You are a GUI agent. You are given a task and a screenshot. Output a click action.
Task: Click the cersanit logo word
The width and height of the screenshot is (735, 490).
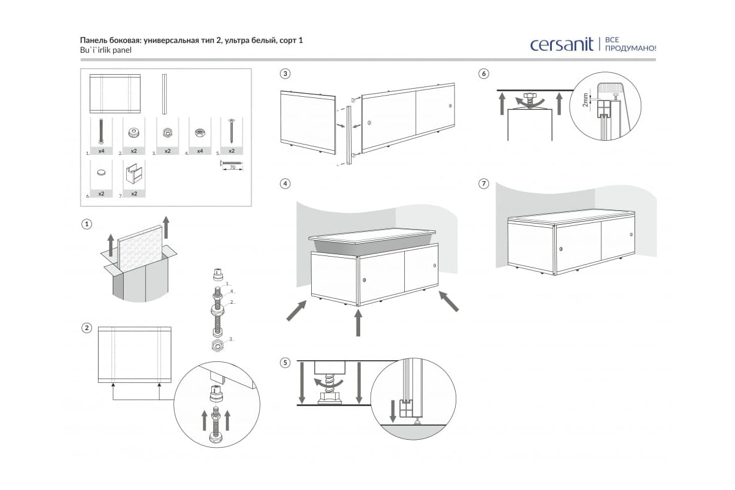562,45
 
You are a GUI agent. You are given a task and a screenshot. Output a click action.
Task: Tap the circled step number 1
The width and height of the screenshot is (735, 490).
87,224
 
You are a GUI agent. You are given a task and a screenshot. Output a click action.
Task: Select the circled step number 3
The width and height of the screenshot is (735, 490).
285,74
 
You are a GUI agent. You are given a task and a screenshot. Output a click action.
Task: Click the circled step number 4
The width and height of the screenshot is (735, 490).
285,184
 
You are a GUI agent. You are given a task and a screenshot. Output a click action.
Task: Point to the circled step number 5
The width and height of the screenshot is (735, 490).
285,363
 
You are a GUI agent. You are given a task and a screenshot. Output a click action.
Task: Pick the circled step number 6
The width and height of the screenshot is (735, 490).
484,74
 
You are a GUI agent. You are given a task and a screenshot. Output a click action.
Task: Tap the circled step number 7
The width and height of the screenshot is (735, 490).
484,184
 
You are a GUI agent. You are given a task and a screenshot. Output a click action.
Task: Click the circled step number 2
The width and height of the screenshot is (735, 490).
87,328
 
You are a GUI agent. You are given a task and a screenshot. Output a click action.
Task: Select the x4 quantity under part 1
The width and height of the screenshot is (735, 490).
100,151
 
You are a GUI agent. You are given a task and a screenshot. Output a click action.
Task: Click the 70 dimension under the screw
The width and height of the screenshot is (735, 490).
231,167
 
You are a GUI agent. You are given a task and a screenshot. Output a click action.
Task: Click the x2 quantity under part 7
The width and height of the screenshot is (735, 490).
134,194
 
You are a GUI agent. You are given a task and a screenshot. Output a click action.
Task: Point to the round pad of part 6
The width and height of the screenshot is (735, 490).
101,173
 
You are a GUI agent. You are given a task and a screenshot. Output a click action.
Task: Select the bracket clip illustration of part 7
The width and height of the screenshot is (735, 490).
134,174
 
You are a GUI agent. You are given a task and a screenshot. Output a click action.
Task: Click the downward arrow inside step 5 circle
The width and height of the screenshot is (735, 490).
393,409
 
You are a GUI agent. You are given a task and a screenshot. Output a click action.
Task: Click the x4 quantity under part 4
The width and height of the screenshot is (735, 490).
199,151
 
